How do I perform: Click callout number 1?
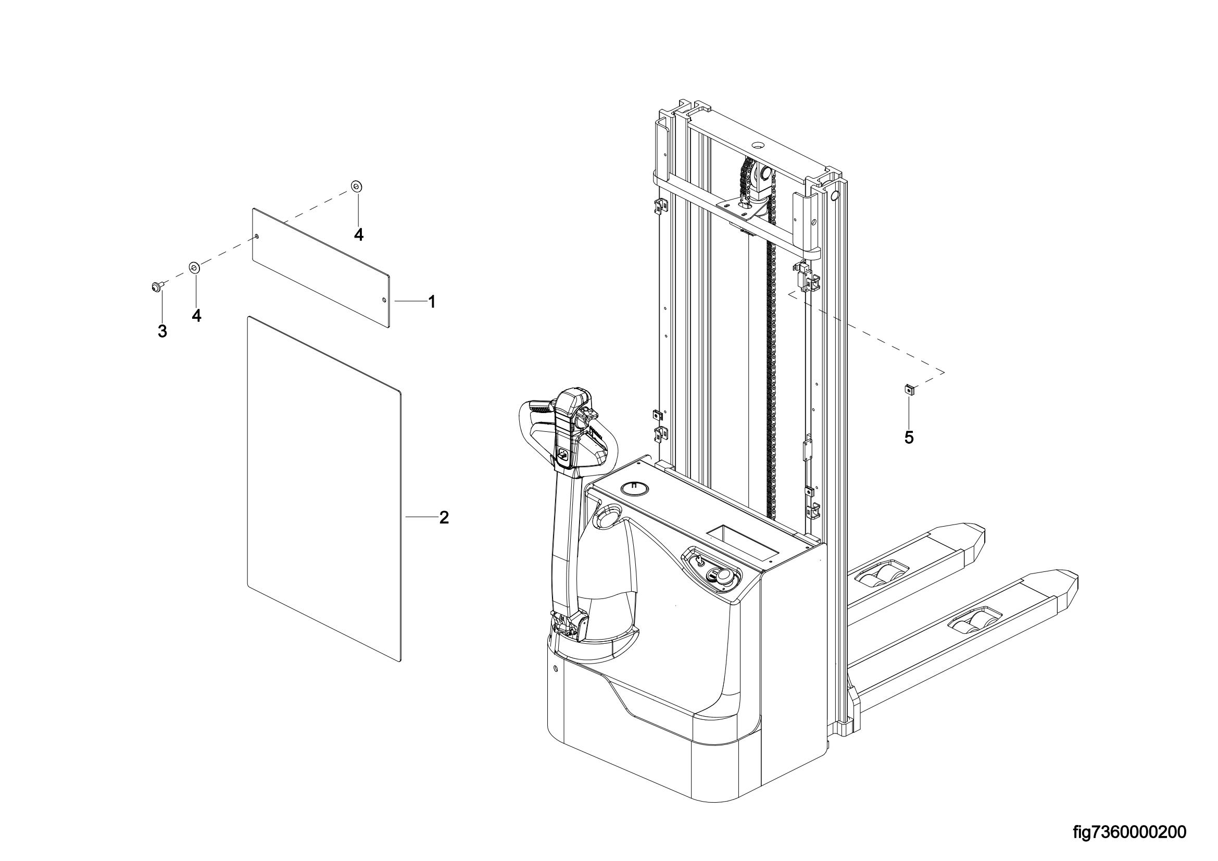click(x=432, y=303)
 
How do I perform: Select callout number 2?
click(x=444, y=518)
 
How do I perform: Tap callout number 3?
click(x=162, y=332)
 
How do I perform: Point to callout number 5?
click(x=909, y=438)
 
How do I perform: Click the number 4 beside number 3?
click(x=196, y=316)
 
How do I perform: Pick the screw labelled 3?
click(x=157, y=287)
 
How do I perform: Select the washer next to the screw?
click(x=194, y=266)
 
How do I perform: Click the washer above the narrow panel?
click(x=356, y=186)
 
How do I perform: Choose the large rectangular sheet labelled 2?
click(x=324, y=489)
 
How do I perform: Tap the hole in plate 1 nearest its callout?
click(x=384, y=300)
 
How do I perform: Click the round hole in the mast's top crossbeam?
click(x=757, y=145)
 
